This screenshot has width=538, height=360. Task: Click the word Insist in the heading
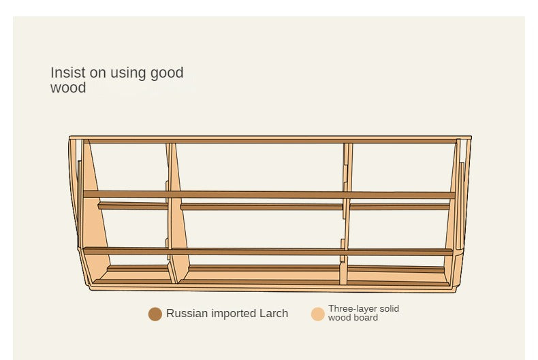pyautogui.click(x=67, y=73)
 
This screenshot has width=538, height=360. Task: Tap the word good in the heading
pyautogui.click(x=167, y=73)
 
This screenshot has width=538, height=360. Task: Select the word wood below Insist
pyautogui.click(x=68, y=88)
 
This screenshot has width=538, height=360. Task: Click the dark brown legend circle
pyautogui.click(x=155, y=314)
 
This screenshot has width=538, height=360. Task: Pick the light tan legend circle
pyautogui.click(x=318, y=314)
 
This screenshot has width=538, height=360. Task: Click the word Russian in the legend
pyautogui.click(x=187, y=314)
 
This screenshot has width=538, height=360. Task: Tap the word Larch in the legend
pyautogui.click(x=273, y=314)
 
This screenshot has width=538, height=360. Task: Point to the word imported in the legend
pyautogui.click(x=234, y=314)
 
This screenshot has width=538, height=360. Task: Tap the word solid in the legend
pyautogui.click(x=389, y=309)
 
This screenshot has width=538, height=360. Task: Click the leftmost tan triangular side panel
pyautogui.click(x=93, y=225)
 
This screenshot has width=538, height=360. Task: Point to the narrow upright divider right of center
pyautogui.click(x=346, y=211)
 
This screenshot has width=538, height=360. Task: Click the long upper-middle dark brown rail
pyautogui.click(x=269, y=195)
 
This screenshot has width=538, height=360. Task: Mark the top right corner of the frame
pyautogui.click(x=469, y=138)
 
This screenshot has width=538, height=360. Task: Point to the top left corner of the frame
pyautogui.click(x=71, y=138)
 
